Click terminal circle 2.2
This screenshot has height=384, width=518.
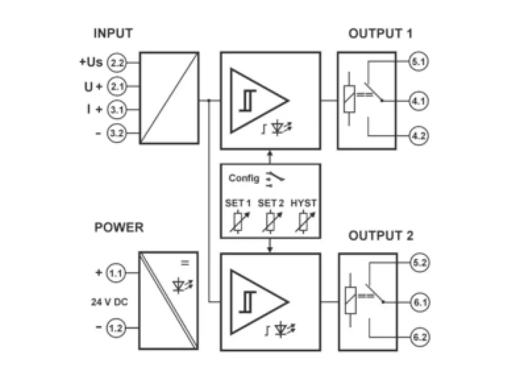[x=117, y=63]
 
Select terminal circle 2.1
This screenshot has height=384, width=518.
[x=117, y=86]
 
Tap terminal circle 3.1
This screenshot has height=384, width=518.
[x=117, y=110]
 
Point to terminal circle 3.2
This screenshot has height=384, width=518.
[x=117, y=134]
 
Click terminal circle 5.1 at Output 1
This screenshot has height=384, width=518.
[x=420, y=62]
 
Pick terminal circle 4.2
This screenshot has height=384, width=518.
[x=420, y=136]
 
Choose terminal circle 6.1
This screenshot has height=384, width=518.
[x=420, y=302]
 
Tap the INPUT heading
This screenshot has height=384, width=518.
[x=113, y=34]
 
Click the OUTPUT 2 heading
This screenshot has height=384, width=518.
[x=381, y=236]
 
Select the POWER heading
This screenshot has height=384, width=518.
[x=119, y=227]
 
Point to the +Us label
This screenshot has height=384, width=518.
[x=91, y=62]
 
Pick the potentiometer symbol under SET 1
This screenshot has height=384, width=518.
[x=238, y=222]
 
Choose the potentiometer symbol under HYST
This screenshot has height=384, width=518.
[x=304, y=222]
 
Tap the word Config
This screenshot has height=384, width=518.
[x=243, y=178]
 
